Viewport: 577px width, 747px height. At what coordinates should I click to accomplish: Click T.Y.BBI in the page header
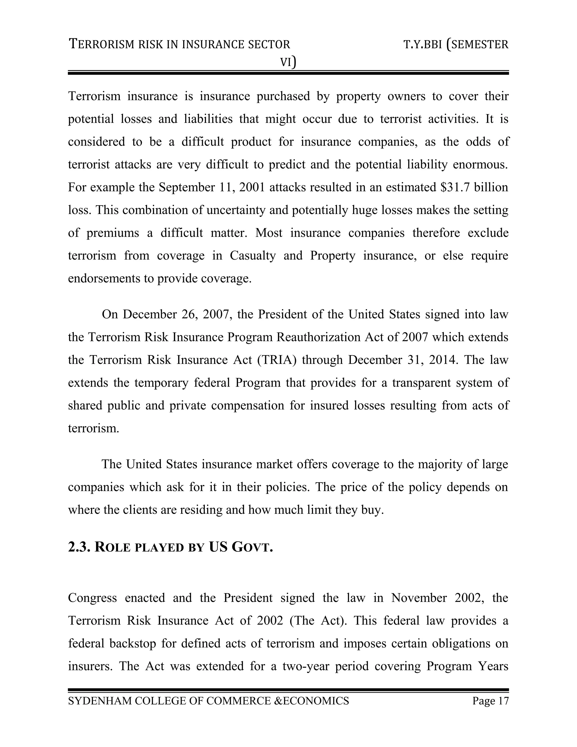[423, 45]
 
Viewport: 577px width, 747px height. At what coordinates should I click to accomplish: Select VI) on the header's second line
[288, 62]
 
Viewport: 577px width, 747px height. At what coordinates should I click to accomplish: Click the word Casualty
[253, 255]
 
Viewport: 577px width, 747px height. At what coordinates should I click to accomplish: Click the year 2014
[443, 360]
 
